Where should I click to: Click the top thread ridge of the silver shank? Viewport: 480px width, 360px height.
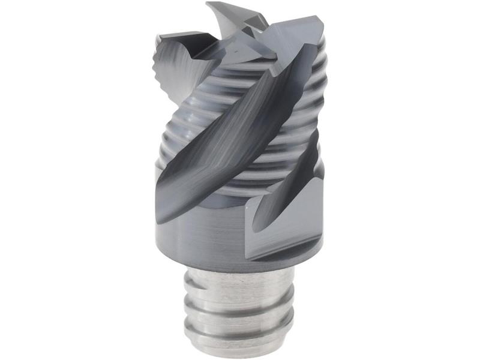pyautogui.click(x=240, y=282)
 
